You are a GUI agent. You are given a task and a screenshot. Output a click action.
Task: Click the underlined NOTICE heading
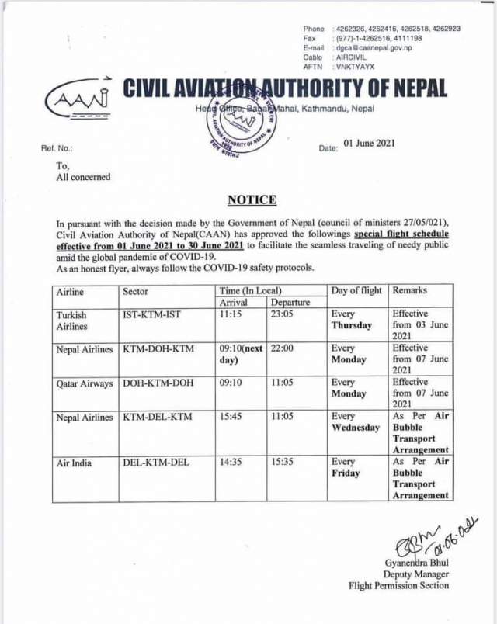pos(252,200)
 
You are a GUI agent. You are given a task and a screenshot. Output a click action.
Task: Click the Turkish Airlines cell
pos(71,321)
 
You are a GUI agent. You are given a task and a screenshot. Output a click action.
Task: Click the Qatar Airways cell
pos(85,383)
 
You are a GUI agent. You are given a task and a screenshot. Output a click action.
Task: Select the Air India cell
pos(74,463)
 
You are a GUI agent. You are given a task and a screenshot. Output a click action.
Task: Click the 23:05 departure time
pos(283,315)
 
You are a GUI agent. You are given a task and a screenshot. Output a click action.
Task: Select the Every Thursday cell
pos(352,321)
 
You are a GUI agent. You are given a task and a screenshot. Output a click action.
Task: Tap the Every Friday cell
pos(346,468)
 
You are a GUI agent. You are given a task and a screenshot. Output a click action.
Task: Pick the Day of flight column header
pos(357,291)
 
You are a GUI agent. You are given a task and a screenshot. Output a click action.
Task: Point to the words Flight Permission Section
pos(398,587)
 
